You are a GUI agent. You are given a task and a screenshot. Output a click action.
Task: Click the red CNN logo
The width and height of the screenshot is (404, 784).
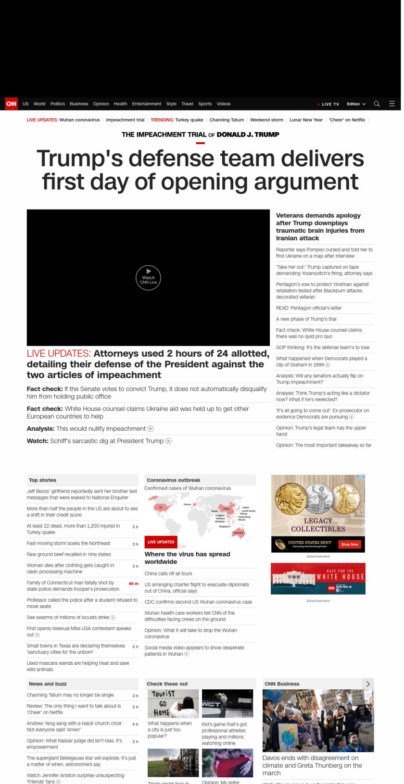tap(11, 104)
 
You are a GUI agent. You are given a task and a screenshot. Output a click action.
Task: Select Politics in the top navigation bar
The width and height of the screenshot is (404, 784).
tap(58, 104)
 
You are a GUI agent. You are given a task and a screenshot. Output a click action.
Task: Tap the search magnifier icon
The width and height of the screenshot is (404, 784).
tap(377, 104)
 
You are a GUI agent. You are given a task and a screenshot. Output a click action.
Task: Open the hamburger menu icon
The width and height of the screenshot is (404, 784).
tap(392, 104)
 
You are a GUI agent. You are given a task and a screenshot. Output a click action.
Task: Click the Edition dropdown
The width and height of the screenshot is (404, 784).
tap(356, 104)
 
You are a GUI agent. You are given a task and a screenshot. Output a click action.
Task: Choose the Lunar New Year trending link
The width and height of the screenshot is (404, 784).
tap(306, 120)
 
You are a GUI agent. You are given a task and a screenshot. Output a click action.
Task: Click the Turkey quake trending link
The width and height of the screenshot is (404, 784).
tap(189, 120)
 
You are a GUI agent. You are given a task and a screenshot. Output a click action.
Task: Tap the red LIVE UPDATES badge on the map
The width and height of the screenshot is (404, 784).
tap(161, 542)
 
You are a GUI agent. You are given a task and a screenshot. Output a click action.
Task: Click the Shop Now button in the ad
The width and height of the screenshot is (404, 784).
tap(350, 544)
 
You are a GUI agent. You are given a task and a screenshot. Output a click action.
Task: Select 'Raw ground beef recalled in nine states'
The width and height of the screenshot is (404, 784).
tap(69, 554)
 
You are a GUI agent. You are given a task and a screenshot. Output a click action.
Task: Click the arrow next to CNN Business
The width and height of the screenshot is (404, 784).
tap(368, 684)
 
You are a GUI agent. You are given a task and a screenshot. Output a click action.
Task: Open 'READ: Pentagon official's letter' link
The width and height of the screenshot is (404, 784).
tap(309, 308)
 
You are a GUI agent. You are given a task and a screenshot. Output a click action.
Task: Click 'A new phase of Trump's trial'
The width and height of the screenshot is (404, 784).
tap(306, 319)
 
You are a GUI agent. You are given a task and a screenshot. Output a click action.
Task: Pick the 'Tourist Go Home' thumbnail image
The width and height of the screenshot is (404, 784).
tap(173, 703)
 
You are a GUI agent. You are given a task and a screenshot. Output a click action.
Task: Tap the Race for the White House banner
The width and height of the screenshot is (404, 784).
tap(318, 578)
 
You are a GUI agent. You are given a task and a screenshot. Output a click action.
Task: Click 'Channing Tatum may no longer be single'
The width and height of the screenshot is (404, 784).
tap(70, 695)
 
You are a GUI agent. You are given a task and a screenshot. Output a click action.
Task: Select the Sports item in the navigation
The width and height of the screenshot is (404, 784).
tap(205, 104)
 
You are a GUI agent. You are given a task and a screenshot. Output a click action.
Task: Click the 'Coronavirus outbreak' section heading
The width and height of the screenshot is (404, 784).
tap(174, 480)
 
